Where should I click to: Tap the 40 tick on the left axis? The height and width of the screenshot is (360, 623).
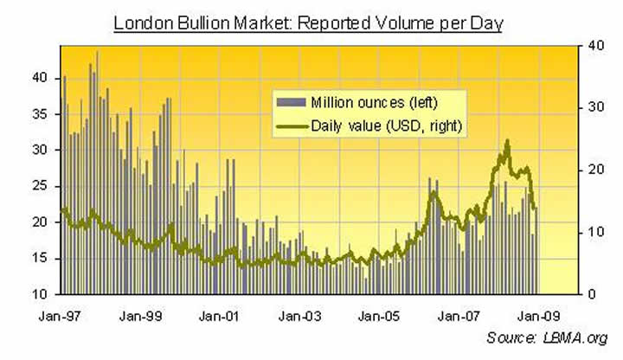pyautogui.click(x=39, y=77)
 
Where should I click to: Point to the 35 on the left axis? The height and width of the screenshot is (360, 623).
pyautogui.click(x=39, y=113)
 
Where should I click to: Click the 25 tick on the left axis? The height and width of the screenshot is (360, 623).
pyautogui.click(x=39, y=186)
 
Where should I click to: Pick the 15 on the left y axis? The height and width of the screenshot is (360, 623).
pyautogui.click(x=39, y=259)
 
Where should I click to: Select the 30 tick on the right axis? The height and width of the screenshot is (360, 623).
pyautogui.click(x=585, y=106)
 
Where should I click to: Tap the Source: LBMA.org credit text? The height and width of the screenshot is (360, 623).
pyautogui.click(x=548, y=337)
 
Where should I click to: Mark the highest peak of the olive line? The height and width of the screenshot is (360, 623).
pyautogui.click(x=507, y=141)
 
